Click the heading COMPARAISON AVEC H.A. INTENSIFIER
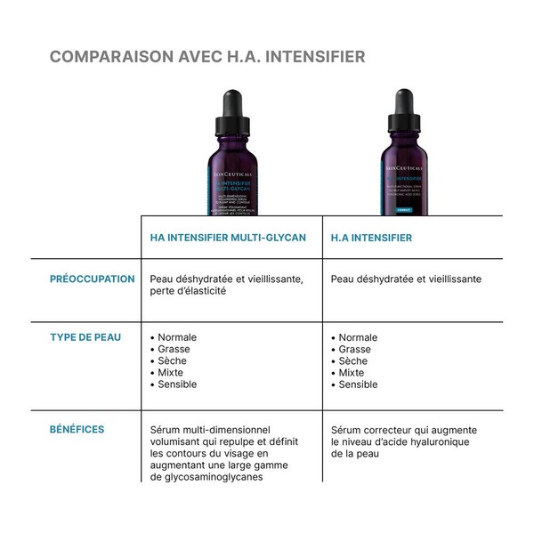[x=207, y=57]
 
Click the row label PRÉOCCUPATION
[x=93, y=279]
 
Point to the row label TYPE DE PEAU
[x=85, y=337]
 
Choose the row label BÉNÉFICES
[x=77, y=429]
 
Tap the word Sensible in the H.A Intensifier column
[x=359, y=384]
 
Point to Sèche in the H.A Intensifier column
[x=353, y=361]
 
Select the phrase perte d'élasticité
[x=189, y=291]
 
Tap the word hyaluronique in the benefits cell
[x=436, y=441]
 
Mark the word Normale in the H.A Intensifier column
[x=358, y=338]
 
